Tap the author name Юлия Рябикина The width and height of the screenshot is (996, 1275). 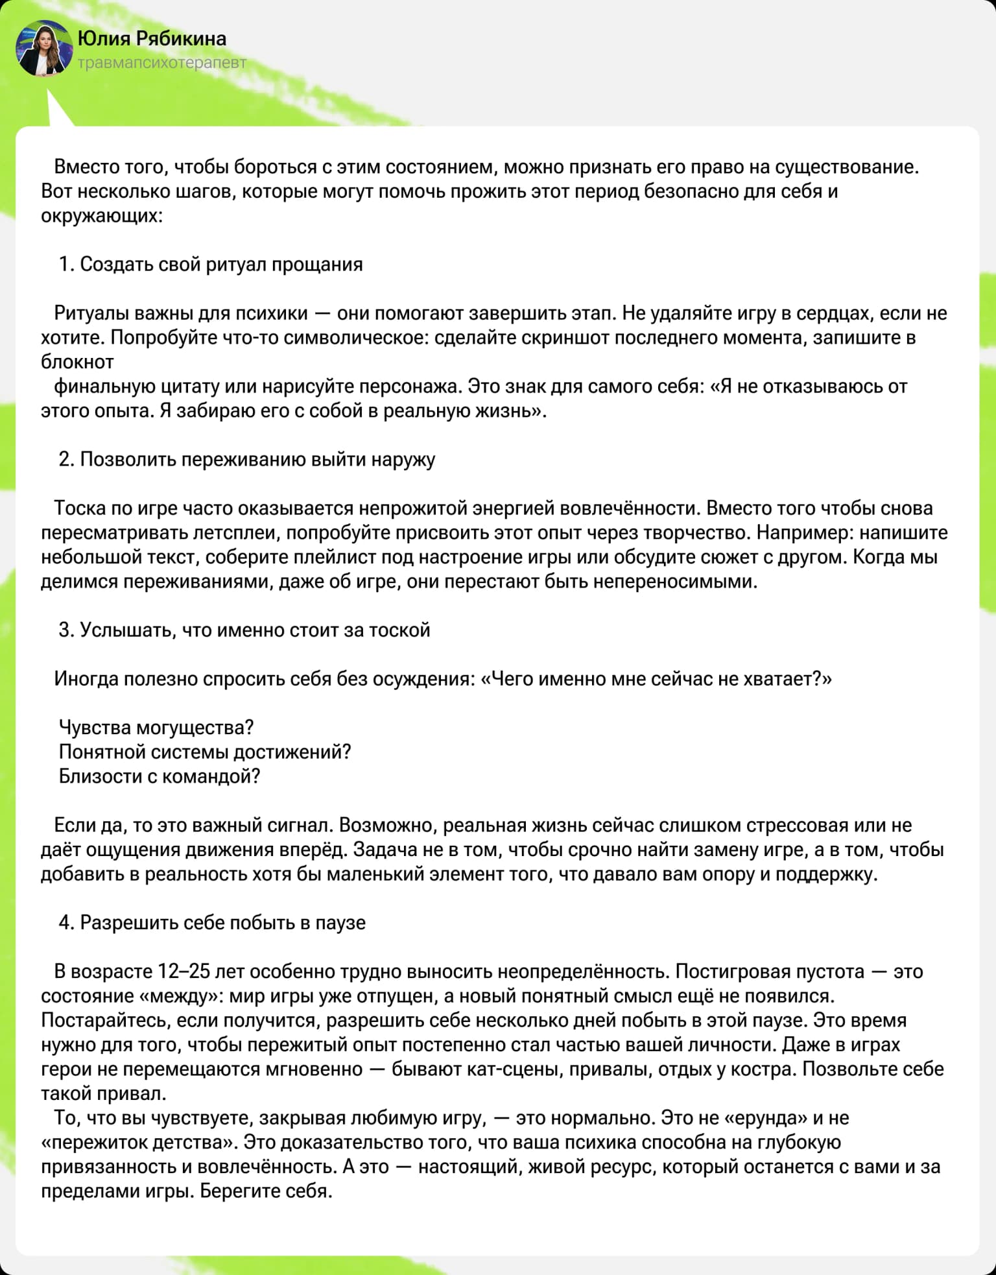pyautogui.click(x=152, y=39)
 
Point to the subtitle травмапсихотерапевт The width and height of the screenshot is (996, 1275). pyautogui.click(x=162, y=64)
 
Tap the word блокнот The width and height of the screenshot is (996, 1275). pyautogui.click(x=77, y=362)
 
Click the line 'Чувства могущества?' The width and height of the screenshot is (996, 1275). pyautogui.click(x=156, y=728)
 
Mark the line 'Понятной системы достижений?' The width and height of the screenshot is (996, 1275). pyautogui.click(x=205, y=752)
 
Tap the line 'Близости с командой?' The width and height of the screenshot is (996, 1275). pyautogui.click(x=160, y=776)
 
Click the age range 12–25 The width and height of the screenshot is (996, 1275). pyautogui.click(x=184, y=971)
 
